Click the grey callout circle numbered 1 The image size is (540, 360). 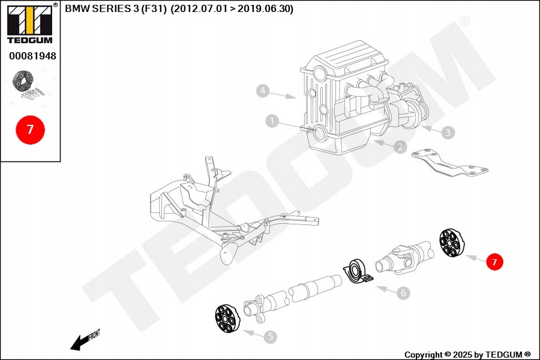tap(273, 122)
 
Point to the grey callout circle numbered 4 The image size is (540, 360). tap(262, 91)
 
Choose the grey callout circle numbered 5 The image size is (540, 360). tap(271, 337)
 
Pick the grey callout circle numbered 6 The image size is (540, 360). tap(403, 293)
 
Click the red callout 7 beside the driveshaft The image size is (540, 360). tap(494, 262)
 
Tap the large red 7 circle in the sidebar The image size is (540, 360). tap(30, 130)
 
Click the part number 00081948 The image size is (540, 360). tap(32, 56)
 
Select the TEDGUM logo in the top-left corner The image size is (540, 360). tap(29, 24)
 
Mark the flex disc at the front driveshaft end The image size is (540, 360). tap(227, 319)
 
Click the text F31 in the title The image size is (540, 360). tap(154, 9)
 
